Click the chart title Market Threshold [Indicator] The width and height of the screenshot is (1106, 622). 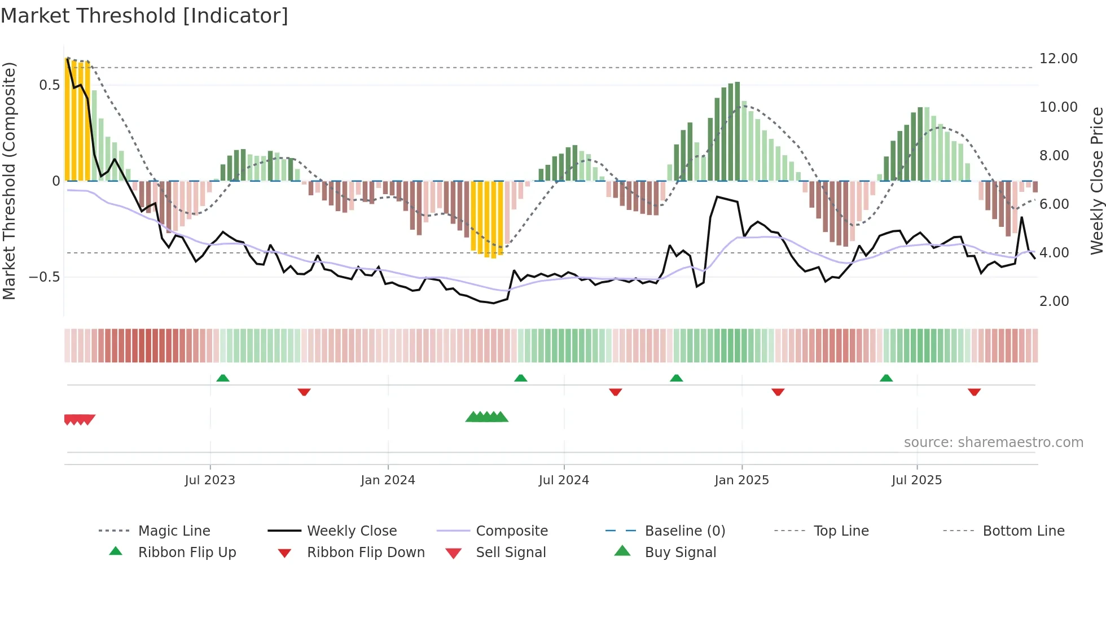tap(144, 16)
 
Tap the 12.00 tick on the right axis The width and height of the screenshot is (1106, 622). tap(1058, 59)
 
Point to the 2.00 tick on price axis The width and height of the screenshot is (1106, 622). tap(1054, 301)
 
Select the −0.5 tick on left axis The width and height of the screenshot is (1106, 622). tap(44, 277)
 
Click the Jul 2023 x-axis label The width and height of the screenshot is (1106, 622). tap(209, 480)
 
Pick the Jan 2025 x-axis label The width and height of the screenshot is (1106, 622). tap(741, 480)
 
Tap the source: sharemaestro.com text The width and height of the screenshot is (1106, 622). tap(993, 443)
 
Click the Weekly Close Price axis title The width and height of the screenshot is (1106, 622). tap(1096, 181)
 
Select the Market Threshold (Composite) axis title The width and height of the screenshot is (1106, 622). tap(9, 181)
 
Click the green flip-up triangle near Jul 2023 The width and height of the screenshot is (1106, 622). tap(223, 378)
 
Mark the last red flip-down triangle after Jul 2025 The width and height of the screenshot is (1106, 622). tap(974, 392)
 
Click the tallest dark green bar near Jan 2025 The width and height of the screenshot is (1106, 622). tap(737, 131)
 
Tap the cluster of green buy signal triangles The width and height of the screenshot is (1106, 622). tap(487, 418)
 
